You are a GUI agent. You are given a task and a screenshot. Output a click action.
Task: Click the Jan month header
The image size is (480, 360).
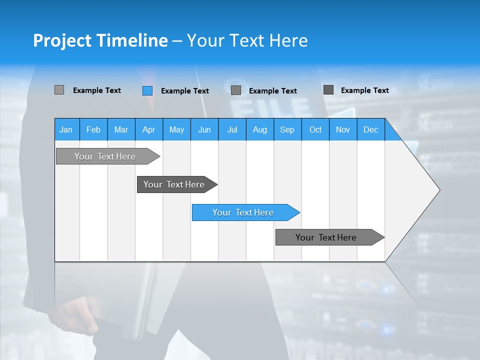pyautogui.click(x=66, y=129)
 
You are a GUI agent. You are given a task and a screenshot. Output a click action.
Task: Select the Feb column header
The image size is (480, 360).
pyautogui.click(x=93, y=129)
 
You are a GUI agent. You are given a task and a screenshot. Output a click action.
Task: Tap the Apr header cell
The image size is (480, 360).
pyautogui.click(x=148, y=129)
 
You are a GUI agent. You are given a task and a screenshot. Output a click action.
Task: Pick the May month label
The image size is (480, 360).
pyautogui.click(x=176, y=129)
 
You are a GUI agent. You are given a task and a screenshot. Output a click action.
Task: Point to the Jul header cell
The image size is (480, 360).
pyautogui.click(x=232, y=129)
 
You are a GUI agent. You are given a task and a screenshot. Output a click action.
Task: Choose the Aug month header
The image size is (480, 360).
pyautogui.click(x=259, y=129)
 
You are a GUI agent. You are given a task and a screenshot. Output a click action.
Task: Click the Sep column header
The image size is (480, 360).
pyautogui.click(x=287, y=129)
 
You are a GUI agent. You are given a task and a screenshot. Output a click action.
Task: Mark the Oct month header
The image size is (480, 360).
pyautogui.click(x=315, y=129)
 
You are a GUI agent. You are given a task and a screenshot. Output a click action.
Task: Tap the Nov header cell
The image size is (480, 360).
pyautogui.click(x=343, y=129)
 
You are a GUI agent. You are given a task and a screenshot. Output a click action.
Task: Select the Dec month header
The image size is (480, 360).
pyautogui.click(x=370, y=129)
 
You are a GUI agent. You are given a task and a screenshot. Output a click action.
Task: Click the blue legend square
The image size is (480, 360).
pyautogui.click(x=147, y=90)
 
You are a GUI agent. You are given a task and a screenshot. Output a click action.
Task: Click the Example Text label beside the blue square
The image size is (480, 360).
pyautogui.click(x=185, y=90)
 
